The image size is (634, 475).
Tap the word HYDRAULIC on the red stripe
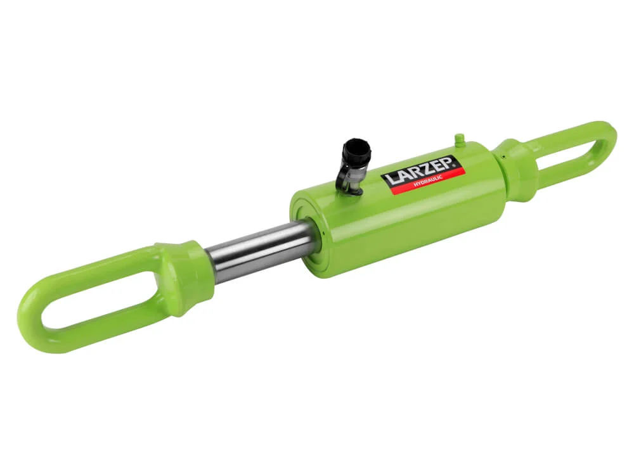point(428,181)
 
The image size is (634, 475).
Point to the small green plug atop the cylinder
point(459,141)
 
